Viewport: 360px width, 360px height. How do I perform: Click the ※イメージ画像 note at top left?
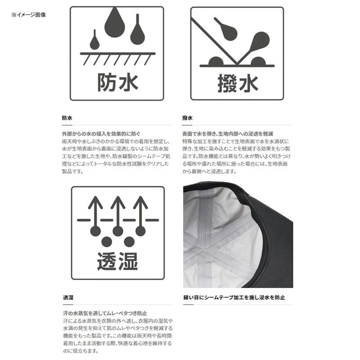pos(29,15)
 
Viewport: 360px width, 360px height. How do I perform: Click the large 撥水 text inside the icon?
pos(238,83)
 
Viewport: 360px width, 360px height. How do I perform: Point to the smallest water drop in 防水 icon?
pos(94,41)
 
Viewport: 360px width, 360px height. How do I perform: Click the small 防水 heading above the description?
pos(67,118)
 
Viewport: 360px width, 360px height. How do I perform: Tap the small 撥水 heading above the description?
pos(187,118)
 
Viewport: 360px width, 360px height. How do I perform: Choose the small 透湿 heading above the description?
pos(68,297)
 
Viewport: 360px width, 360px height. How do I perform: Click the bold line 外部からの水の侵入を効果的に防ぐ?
pos(101,134)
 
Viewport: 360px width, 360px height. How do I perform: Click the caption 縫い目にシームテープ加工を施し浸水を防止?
pos(234,297)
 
